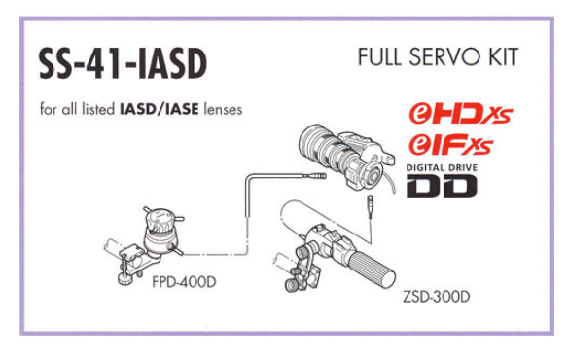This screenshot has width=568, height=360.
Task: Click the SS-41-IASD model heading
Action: (x=124, y=64)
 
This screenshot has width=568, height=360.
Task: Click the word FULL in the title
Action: (x=380, y=57)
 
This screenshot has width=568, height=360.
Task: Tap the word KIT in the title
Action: (x=504, y=57)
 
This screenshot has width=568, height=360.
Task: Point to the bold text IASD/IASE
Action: (x=160, y=109)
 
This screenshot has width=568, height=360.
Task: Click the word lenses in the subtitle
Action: (x=223, y=109)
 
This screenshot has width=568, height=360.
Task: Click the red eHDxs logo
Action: (x=461, y=113)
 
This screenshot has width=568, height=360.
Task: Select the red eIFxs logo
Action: (x=451, y=145)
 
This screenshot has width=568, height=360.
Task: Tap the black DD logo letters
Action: (x=442, y=186)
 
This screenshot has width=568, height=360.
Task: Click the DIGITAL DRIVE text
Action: (x=442, y=168)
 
